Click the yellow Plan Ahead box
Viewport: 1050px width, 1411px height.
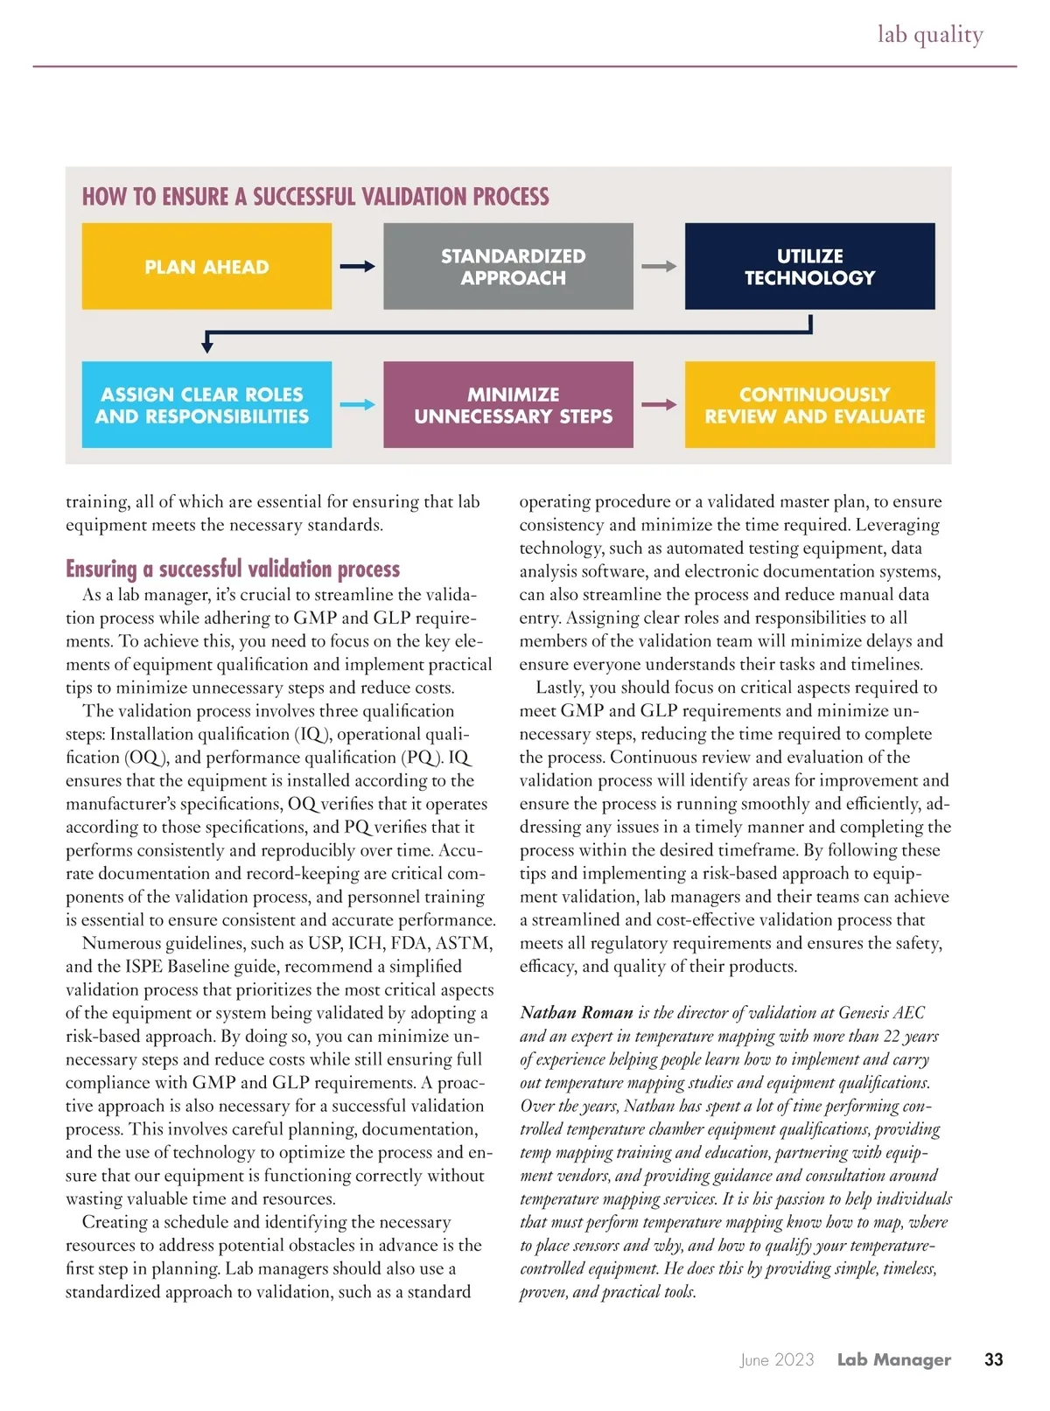pyautogui.click(x=206, y=266)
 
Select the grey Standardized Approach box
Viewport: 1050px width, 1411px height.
pyautogui.click(x=507, y=266)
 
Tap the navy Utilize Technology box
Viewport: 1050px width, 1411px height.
pyautogui.click(x=809, y=266)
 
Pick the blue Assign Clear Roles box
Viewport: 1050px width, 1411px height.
pyautogui.click(x=206, y=404)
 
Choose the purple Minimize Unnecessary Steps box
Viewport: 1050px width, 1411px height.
pyautogui.click(x=507, y=404)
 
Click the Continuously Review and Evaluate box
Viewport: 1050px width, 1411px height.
pyautogui.click(x=809, y=404)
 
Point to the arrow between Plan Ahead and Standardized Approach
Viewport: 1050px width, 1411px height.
pyautogui.click(x=357, y=266)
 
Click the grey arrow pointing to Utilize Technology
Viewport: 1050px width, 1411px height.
pyautogui.click(x=659, y=266)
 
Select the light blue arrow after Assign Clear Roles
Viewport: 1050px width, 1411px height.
pyautogui.click(x=357, y=404)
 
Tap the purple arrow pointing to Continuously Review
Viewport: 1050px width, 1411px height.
pyautogui.click(x=659, y=404)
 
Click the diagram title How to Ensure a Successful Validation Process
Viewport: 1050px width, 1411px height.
pyautogui.click(x=315, y=196)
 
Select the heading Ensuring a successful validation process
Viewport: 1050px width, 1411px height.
pyautogui.click(x=233, y=569)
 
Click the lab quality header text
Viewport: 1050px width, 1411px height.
pyautogui.click(x=930, y=34)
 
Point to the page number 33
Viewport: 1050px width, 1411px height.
pyautogui.click(x=993, y=1359)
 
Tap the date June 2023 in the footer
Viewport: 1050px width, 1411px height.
pyautogui.click(x=777, y=1359)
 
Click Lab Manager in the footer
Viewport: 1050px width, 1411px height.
pyautogui.click(x=893, y=1359)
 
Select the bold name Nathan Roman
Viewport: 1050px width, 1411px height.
pyautogui.click(x=577, y=1013)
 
